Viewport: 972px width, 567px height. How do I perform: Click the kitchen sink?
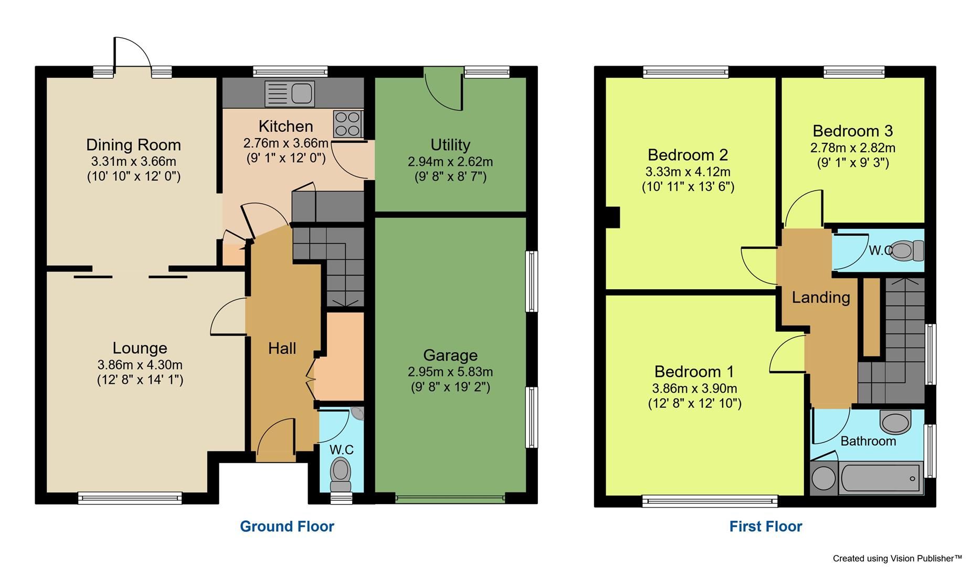tap(290, 93)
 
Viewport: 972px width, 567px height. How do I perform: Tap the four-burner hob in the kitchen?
tap(347, 124)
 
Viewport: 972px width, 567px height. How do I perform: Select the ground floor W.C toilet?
tap(341, 471)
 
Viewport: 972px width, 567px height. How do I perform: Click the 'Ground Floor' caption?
tap(287, 526)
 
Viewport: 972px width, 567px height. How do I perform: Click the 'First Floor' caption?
tap(765, 526)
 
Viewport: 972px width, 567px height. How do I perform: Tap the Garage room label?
tap(450, 355)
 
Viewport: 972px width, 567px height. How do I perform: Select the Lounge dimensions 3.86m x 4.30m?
tap(140, 364)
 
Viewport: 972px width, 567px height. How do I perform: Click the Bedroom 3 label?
tap(852, 131)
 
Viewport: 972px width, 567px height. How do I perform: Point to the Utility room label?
tap(450, 144)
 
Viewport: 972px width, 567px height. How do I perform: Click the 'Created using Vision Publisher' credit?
tap(897, 558)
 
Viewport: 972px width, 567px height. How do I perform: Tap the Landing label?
tap(820, 298)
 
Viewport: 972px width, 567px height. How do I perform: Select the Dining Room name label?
tap(133, 144)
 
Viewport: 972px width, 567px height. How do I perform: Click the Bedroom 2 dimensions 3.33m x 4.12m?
tap(688, 172)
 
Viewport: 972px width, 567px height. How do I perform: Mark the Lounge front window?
tap(130, 497)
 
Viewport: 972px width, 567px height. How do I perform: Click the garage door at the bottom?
tap(450, 498)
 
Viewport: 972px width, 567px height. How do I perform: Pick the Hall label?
tap(282, 348)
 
